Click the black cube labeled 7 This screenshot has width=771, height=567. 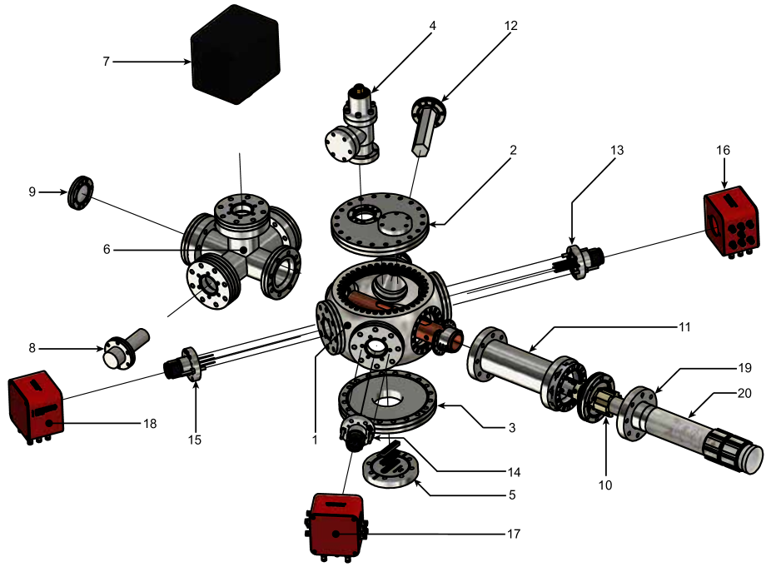[x=236, y=54]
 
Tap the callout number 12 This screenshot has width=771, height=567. [x=511, y=26]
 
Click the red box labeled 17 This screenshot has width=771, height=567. [x=337, y=527]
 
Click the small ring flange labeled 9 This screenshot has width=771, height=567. [x=81, y=192]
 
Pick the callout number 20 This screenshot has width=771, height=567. [x=744, y=394]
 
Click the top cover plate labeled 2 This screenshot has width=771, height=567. [x=381, y=224]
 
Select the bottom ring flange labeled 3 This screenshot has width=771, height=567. [x=387, y=400]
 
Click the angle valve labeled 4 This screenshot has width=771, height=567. [x=352, y=126]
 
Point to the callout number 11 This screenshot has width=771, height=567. [x=684, y=327]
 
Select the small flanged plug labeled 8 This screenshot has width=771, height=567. [x=126, y=348]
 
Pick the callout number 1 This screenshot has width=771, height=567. [x=315, y=439]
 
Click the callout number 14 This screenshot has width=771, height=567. [x=514, y=472]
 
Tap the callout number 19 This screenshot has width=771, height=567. [x=744, y=368]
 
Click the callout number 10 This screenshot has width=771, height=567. [x=604, y=485]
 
